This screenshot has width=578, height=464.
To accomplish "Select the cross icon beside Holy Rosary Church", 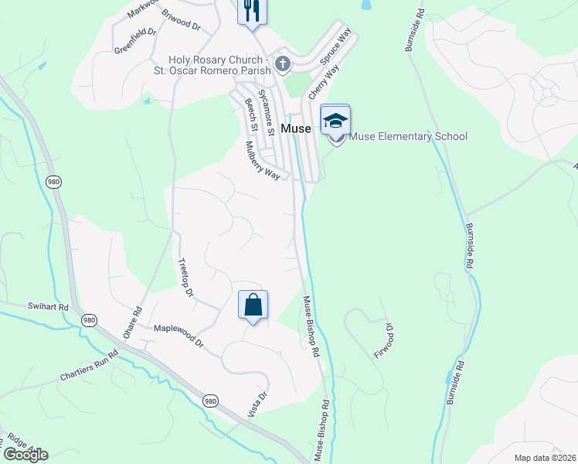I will pos(283,65).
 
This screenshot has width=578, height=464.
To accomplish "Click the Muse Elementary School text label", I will pos(409,137).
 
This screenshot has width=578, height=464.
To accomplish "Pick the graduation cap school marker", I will pos(335,121).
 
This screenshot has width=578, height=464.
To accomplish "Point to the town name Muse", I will pos(296,128).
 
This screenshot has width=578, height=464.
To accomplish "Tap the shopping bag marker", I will pos(253,305).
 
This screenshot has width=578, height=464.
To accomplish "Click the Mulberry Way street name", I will pos(262,159).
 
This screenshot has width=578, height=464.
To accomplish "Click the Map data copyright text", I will pos(545,458).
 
